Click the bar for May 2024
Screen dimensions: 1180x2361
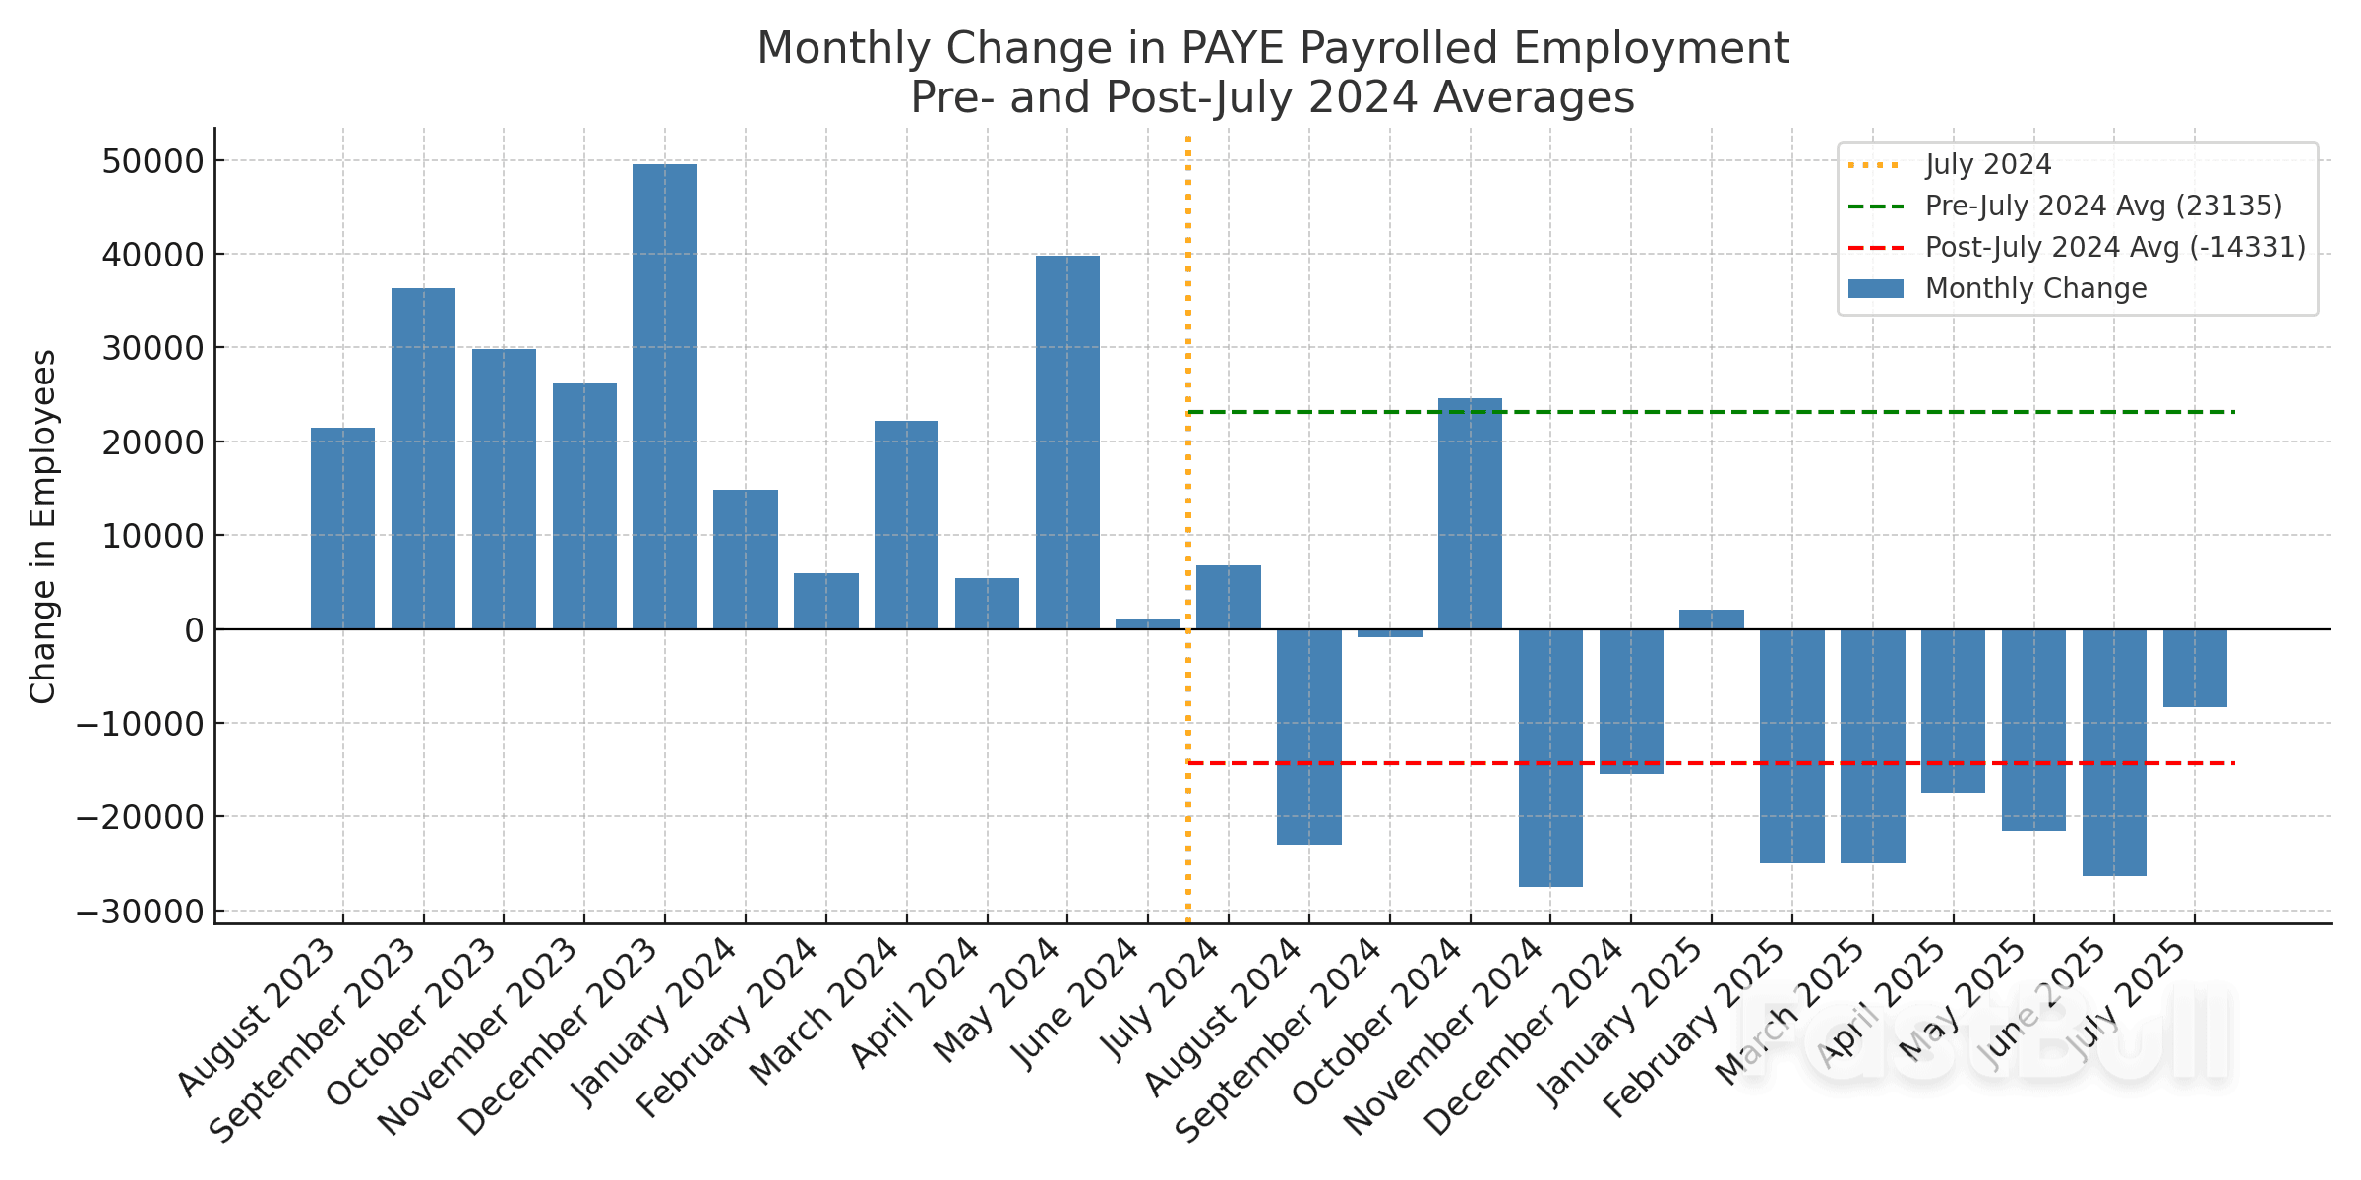point(1067,442)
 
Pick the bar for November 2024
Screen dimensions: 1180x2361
point(1550,757)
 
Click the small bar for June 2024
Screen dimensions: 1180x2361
point(1148,623)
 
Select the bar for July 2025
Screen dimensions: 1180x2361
point(2195,668)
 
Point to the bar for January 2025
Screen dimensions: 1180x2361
point(1712,619)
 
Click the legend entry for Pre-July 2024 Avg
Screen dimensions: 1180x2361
point(2103,206)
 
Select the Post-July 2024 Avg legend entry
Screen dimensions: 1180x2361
point(2115,248)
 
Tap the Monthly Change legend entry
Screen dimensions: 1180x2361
point(2035,289)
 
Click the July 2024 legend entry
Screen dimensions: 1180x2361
point(1987,165)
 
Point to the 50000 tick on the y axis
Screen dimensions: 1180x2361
point(152,161)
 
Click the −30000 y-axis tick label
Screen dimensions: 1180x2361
point(140,912)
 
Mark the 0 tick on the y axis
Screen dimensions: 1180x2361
point(194,630)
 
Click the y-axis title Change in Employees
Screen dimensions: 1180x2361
point(43,526)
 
